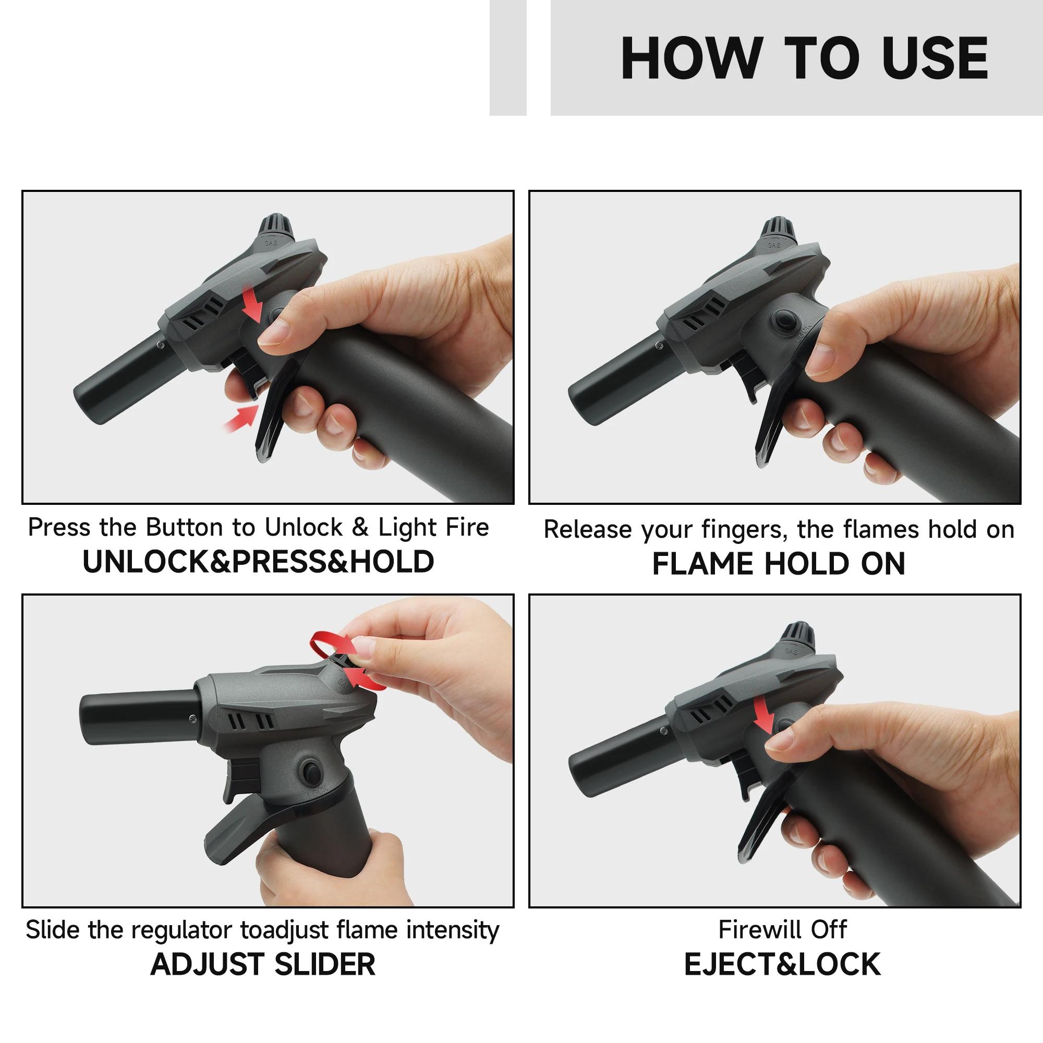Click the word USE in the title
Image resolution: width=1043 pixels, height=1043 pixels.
pyautogui.click(x=935, y=58)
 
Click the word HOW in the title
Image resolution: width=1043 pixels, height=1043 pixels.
pyautogui.click(x=691, y=58)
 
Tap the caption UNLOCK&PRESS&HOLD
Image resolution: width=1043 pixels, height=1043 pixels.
pyautogui.click(x=258, y=562)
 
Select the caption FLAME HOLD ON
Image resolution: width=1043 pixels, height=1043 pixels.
pyautogui.click(x=779, y=564)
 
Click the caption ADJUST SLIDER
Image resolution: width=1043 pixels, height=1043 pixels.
pyautogui.click(x=263, y=965)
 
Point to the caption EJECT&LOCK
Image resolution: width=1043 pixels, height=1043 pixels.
pyautogui.click(x=782, y=965)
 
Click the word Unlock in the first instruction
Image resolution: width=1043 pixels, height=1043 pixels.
pyautogui.click(x=304, y=527)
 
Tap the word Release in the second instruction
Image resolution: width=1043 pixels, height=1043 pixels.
pyautogui.click(x=587, y=529)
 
